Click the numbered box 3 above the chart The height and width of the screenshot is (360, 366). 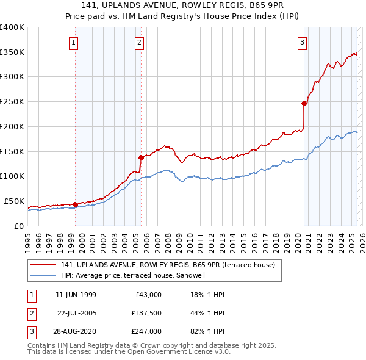pos(303,42)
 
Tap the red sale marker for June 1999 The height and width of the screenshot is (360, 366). pos(75,204)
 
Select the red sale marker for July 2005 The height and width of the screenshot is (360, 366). pos(141,157)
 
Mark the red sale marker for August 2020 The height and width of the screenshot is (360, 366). pos(304,103)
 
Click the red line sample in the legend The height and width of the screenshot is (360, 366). pos(43,265)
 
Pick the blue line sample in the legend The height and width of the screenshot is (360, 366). pos(43,275)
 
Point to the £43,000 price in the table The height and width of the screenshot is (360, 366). pos(148,295)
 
